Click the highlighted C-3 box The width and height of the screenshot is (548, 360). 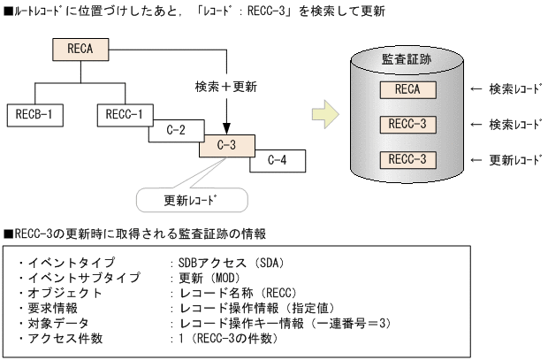tap(226, 145)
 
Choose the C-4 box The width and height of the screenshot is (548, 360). tap(278, 161)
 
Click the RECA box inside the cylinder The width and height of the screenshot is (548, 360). tap(407, 89)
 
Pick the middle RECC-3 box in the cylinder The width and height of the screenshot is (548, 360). tap(407, 124)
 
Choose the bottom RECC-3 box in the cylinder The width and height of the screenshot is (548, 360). tap(407, 159)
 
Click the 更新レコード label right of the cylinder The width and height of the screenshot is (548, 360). tap(510, 160)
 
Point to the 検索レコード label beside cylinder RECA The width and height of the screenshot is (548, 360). tap(510, 89)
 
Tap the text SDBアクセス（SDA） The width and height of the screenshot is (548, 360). tap(226, 263)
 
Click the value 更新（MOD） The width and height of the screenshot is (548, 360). tap(210, 278)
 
